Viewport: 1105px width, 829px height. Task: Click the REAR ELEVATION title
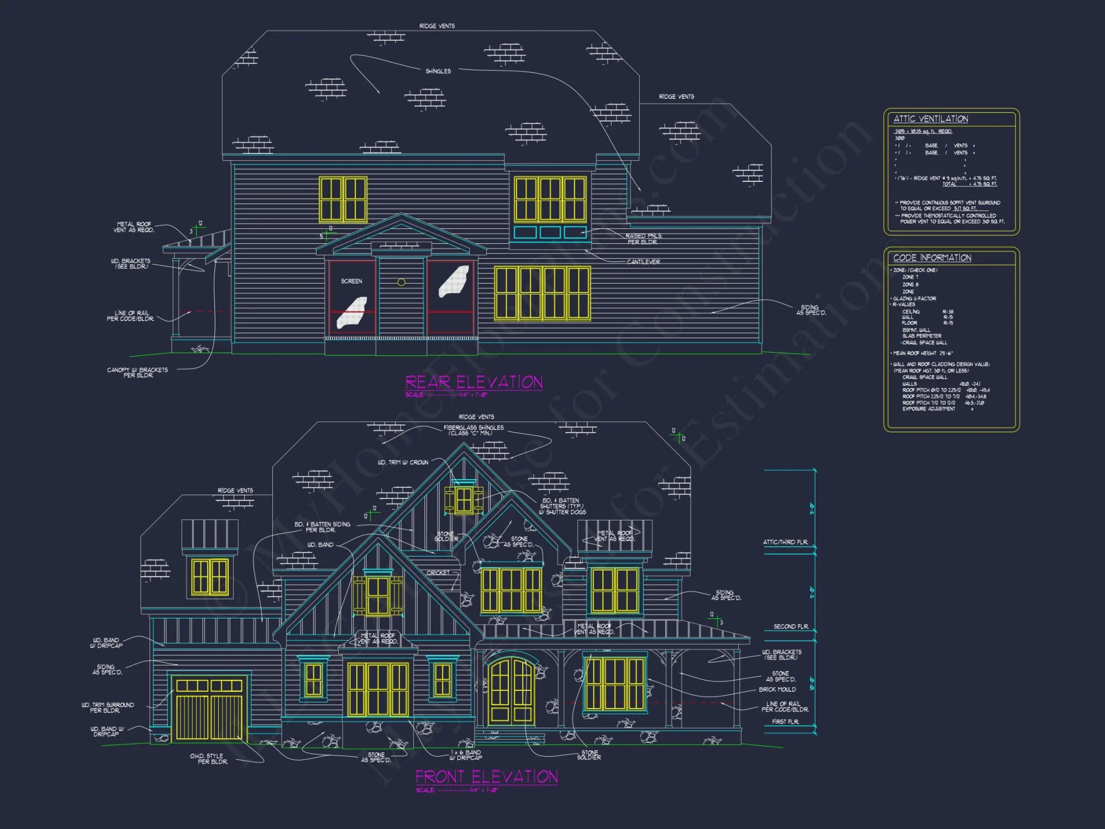(473, 382)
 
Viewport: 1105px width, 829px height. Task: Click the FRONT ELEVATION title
(486, 777)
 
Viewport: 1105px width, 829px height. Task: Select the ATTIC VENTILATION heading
(930, 119)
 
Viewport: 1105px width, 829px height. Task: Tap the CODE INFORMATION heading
(932, 258)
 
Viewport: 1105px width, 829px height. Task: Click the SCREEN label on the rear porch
(351, 281)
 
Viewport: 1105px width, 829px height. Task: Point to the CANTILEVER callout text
(643, 262)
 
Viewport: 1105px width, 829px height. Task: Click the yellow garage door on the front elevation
(209, 710)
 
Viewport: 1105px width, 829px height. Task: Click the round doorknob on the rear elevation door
(402, 282)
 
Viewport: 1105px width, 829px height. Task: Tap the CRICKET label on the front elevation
(438, 573)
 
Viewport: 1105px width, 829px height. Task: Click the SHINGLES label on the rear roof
(438, 71)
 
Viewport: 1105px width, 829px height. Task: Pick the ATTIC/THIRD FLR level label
(785, 542)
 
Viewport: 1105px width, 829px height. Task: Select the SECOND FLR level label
(791, 627)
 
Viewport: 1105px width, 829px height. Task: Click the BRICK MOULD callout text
(777, 690)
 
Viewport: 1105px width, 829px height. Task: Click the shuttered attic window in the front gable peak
(464, 500)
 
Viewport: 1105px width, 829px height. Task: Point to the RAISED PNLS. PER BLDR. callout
(644, 239)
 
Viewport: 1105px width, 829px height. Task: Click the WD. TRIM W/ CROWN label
(403, 463)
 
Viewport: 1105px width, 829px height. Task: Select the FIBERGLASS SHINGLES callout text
(473, 430)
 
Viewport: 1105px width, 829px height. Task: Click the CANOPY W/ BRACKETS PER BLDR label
(138, 372)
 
